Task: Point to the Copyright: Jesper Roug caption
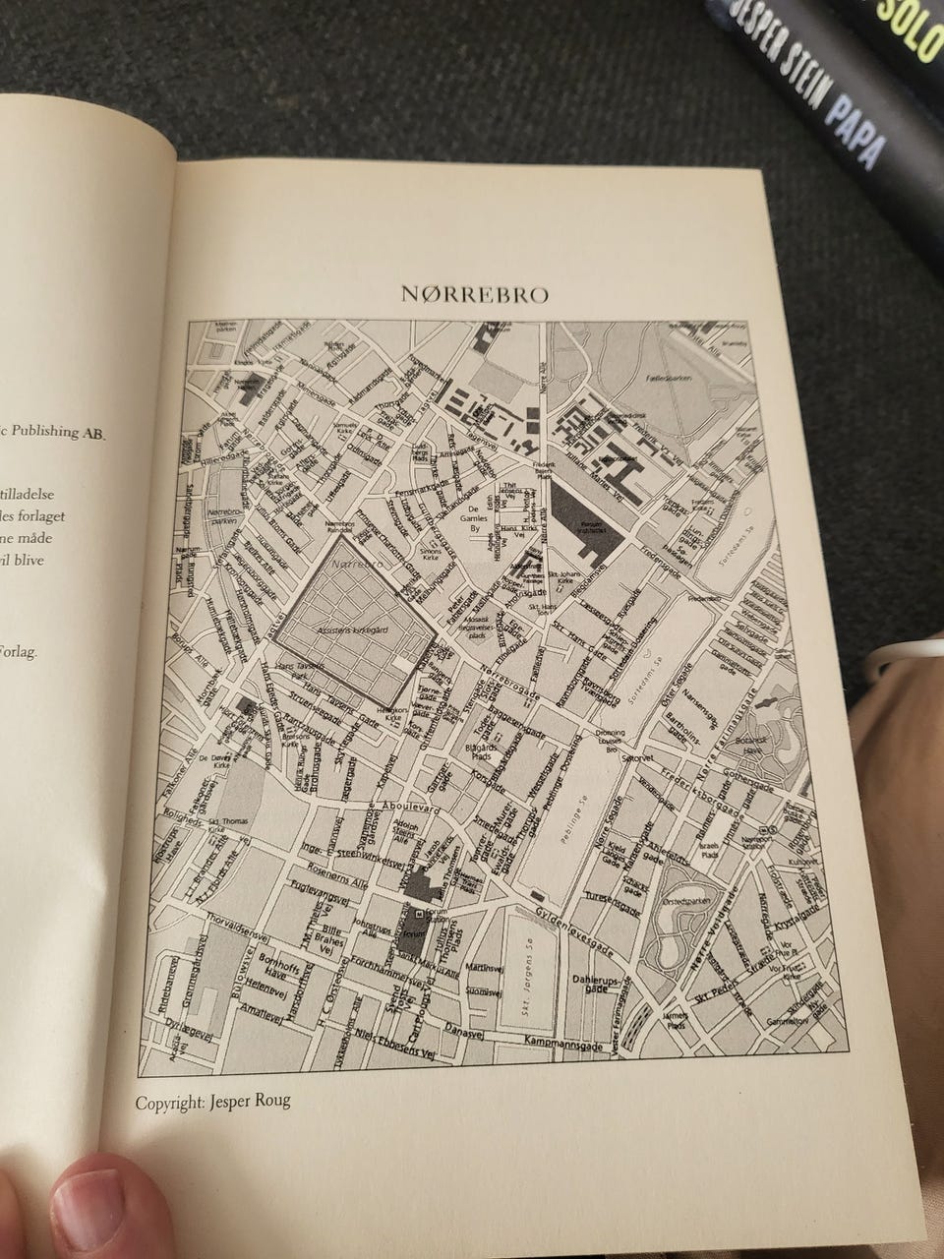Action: click(212, 1102)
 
